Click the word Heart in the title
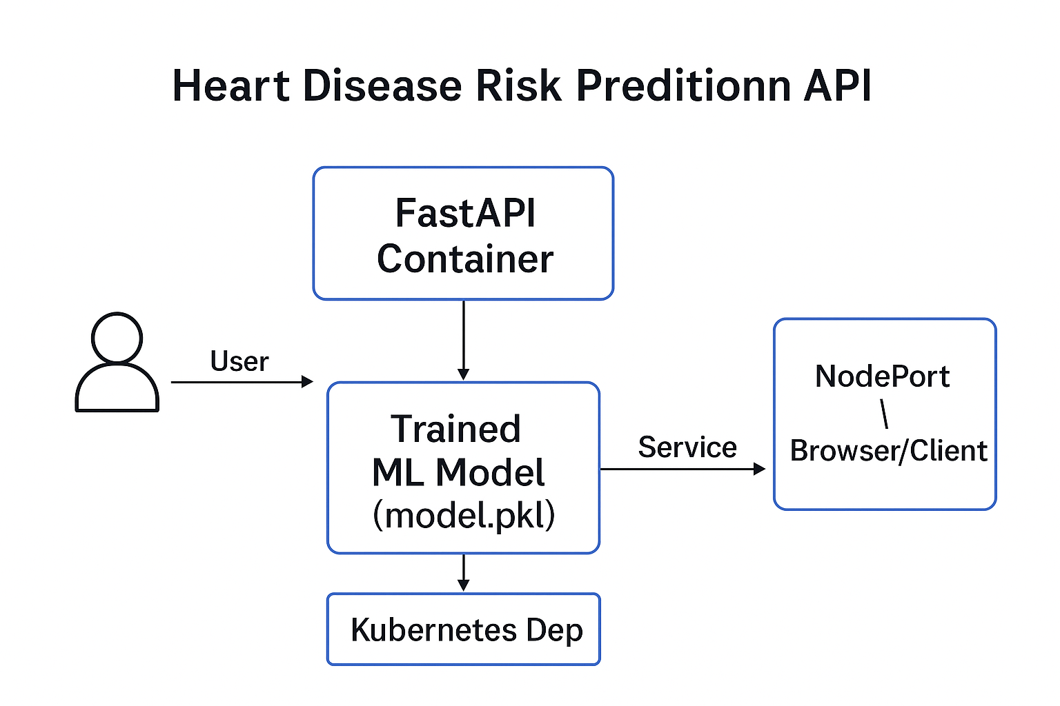coord(231,85)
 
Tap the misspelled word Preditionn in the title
coord(683,85)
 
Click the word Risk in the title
coord(519,85)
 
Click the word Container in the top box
coord(465,259)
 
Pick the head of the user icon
coord(117,338)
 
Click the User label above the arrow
coord(239,361)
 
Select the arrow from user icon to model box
coord(242,381)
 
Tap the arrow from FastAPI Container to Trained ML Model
coord(463,340)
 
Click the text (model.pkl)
coord(464,515)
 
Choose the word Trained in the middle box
coord(455,429)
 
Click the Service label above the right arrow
coord(687,447)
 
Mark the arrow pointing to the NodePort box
coord(683,469)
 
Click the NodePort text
coord(882,376)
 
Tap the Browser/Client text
coord(889,450)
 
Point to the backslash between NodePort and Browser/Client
coord(884,414)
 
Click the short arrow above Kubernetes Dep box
coord(463,572)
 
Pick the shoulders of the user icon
coord(117,387)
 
